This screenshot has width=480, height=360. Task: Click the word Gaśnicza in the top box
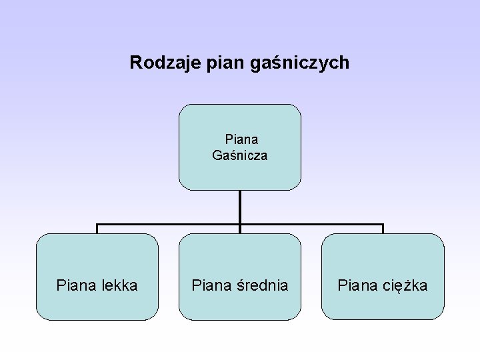pos(240,156)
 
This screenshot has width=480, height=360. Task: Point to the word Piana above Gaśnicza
pos(241,140)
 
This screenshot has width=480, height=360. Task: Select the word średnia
pos(263,286)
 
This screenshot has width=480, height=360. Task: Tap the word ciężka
pos(405,287)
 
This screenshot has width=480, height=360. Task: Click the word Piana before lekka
pos(76,286)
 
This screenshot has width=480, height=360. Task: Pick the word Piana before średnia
pos(211,286)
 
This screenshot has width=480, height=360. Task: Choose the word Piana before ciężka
pos(357,286)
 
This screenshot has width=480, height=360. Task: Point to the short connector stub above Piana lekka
pos(97,229)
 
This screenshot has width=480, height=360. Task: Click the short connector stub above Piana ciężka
pos(383,229)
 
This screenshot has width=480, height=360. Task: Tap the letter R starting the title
pos(135,63)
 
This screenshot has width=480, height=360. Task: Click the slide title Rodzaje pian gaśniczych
pos(239,63)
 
